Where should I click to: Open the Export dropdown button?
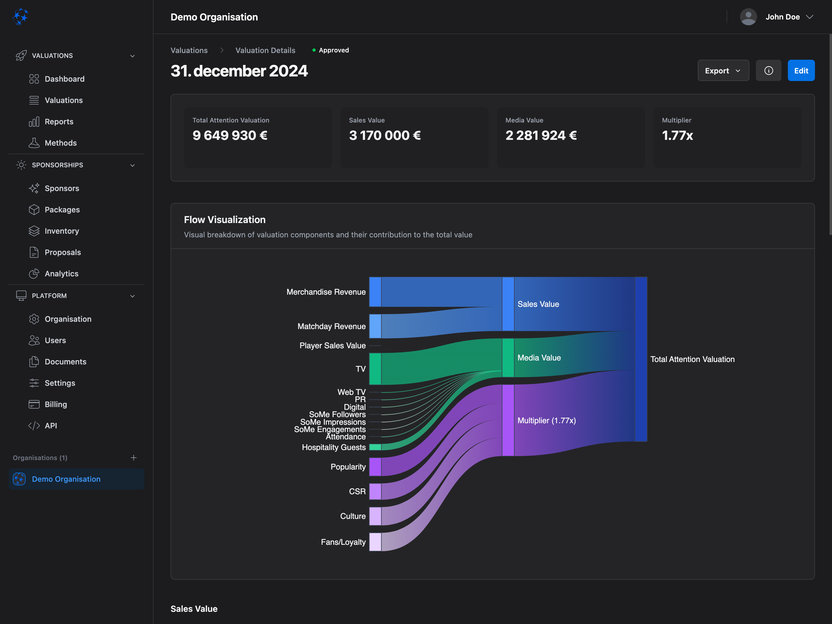pos(723,71)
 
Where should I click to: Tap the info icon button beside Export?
pos(768,71)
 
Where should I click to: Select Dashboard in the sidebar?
pos(64,79)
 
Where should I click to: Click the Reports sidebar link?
pos(59,122)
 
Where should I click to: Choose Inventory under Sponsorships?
pos(62,231)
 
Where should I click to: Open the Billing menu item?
pos(56,404)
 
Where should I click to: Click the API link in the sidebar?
pos(51,426)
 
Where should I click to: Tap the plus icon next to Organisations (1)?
pos(133,458)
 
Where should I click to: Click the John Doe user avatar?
pos(748,17)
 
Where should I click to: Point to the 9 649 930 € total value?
pos(230,136)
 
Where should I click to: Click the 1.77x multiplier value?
pos(677,136)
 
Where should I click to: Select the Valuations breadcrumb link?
pos(189,51)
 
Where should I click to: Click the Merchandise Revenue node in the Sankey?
pos(375,292)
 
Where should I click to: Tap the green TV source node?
pos(375,369)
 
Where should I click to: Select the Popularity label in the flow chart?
pos(348,467)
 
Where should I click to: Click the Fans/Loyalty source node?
pos(375,542)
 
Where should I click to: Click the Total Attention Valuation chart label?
pos(692,360)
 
